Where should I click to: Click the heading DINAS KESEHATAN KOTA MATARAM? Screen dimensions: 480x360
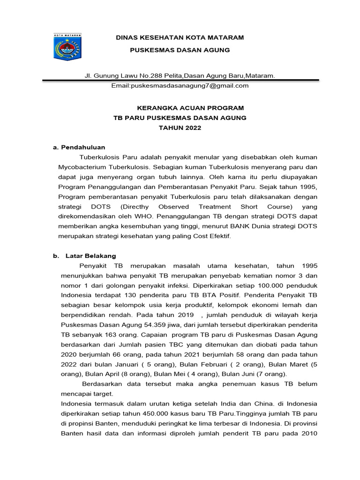180,37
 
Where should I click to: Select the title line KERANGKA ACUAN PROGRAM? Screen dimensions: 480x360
180,108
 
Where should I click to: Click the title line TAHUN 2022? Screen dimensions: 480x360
180,127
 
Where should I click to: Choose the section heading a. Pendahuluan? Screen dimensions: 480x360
79,147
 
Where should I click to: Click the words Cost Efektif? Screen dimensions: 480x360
210,236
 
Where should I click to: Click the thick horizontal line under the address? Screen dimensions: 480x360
180,80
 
